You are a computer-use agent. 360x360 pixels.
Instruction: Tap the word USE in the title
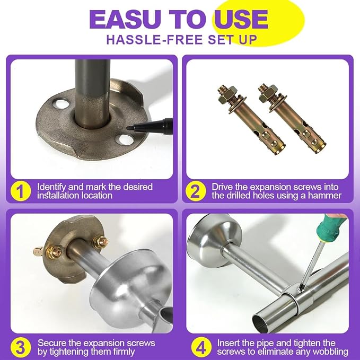(x=241, y=19)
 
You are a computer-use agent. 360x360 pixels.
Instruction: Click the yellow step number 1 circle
(x=21, y=191)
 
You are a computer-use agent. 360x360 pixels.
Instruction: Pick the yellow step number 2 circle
(x=196, y=191)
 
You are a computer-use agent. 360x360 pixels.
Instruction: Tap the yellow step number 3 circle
(x=21, y=347)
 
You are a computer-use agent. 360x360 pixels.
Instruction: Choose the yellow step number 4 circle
(x=201, y=347)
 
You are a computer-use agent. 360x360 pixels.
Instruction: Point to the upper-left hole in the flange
(x=60, y=103)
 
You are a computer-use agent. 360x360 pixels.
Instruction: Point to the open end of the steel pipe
(x=262, y=320)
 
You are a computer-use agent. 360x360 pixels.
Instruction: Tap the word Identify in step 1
(x=51, y=187)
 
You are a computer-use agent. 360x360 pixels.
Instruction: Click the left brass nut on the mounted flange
(x=55, y=252)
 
